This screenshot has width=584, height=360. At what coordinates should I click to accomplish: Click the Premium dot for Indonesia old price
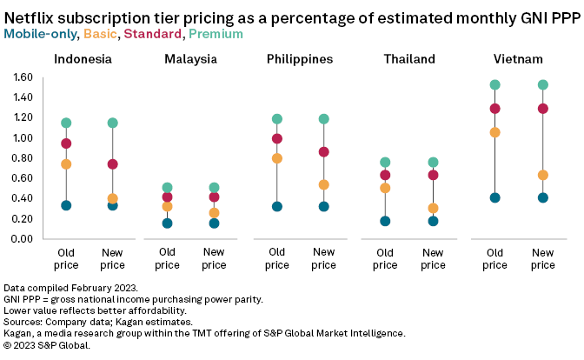(66, 123)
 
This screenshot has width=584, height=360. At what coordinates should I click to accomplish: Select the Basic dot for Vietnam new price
(543, 175)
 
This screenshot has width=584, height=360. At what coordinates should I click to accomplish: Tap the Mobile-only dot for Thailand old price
(386, 221)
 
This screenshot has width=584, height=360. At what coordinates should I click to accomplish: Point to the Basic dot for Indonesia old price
(66, 163)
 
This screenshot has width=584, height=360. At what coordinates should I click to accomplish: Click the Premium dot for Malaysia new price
(214, 187)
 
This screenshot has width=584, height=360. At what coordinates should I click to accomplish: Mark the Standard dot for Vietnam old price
(494, 109)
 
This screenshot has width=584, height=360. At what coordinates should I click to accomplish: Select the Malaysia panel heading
(190, 59)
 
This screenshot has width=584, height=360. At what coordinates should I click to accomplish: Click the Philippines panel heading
(301, 59)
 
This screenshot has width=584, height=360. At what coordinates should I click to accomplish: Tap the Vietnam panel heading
(519, 59)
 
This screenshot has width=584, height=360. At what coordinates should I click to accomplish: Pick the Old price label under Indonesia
(66, 258)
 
